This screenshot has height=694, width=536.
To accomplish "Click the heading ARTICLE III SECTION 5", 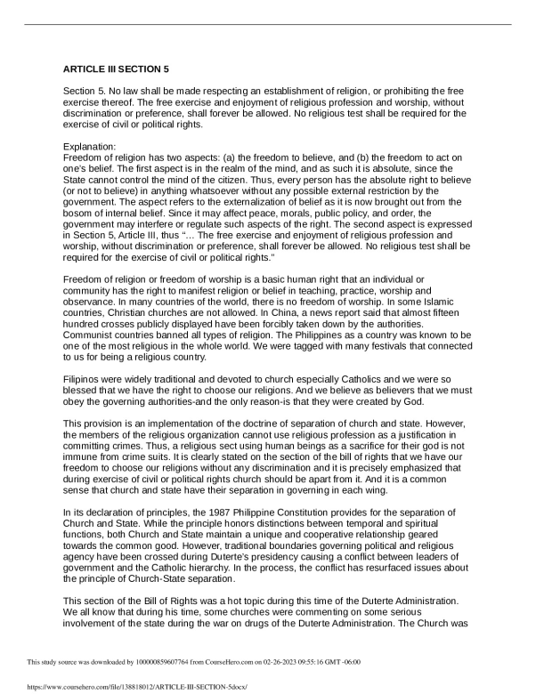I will click(x=116, y=69).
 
